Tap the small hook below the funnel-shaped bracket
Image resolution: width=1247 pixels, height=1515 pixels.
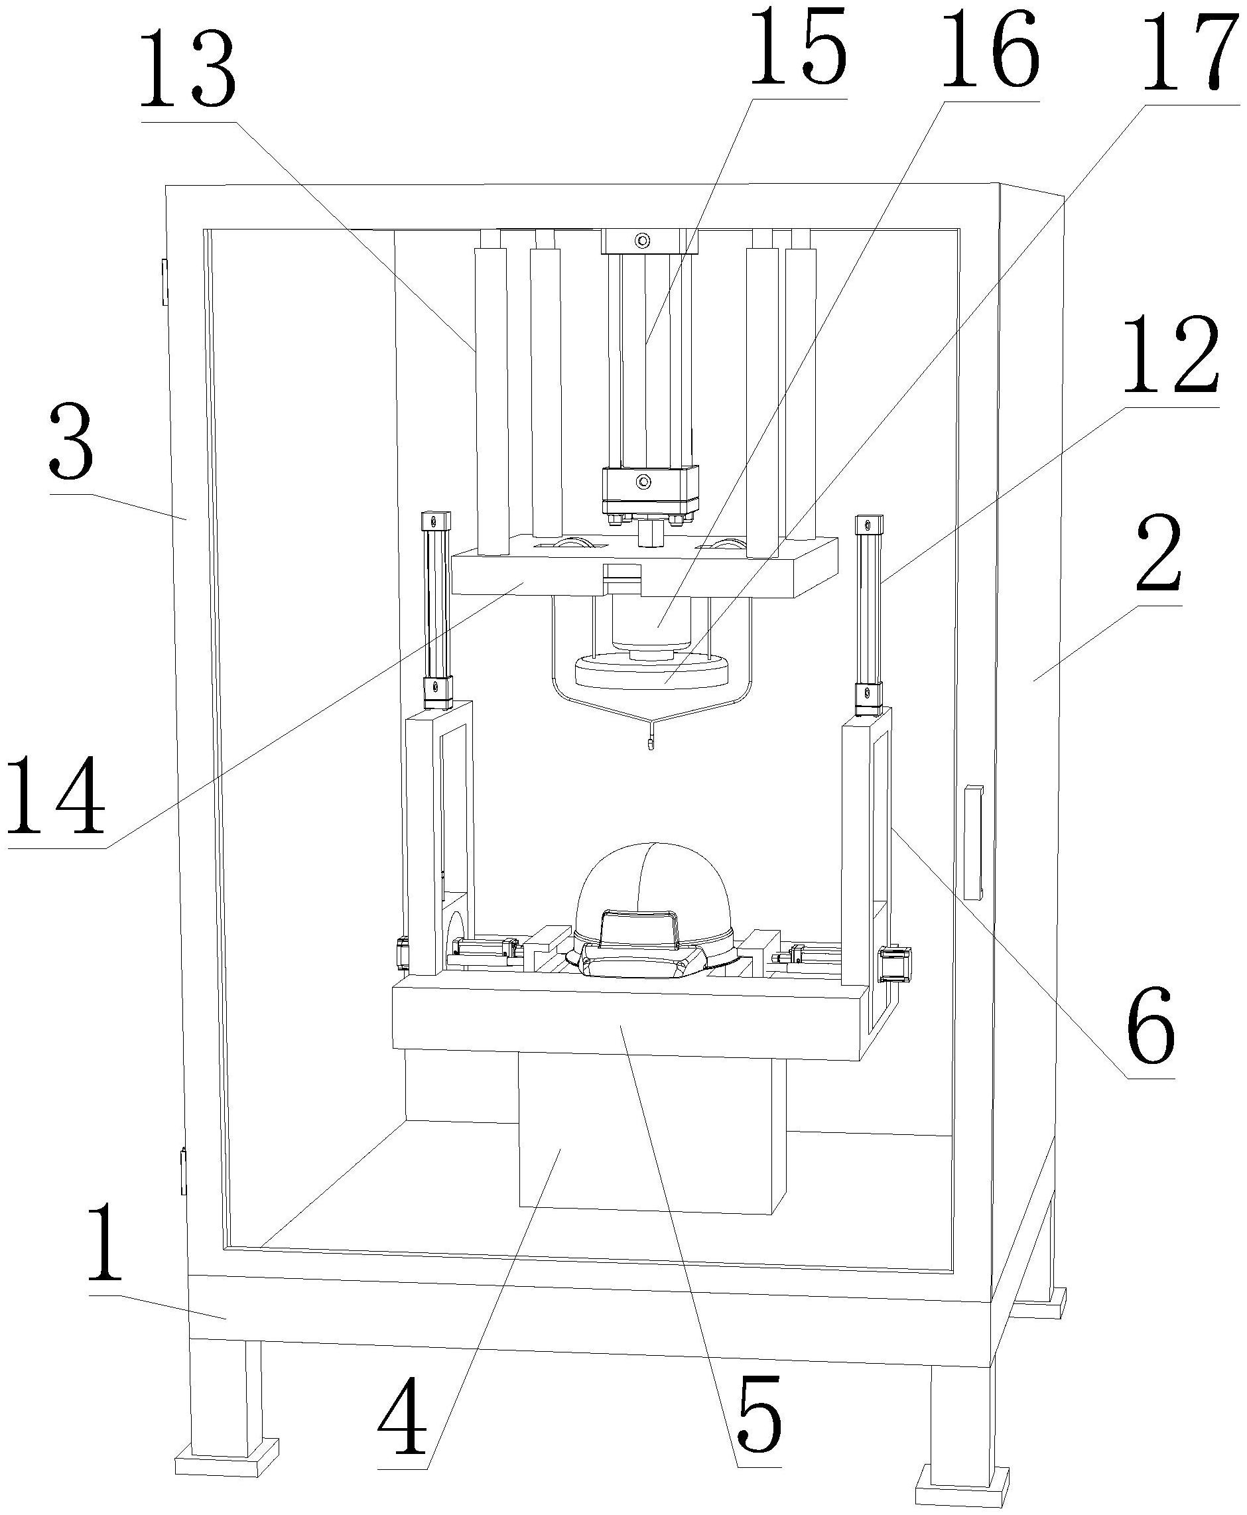pyautogui.click(x=651, y=744)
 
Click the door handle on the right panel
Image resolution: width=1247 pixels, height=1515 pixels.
pyautogui.click(x=972, y=842)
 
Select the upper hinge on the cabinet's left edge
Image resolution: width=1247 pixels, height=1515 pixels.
pyautogui.click(x=164, y=282)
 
